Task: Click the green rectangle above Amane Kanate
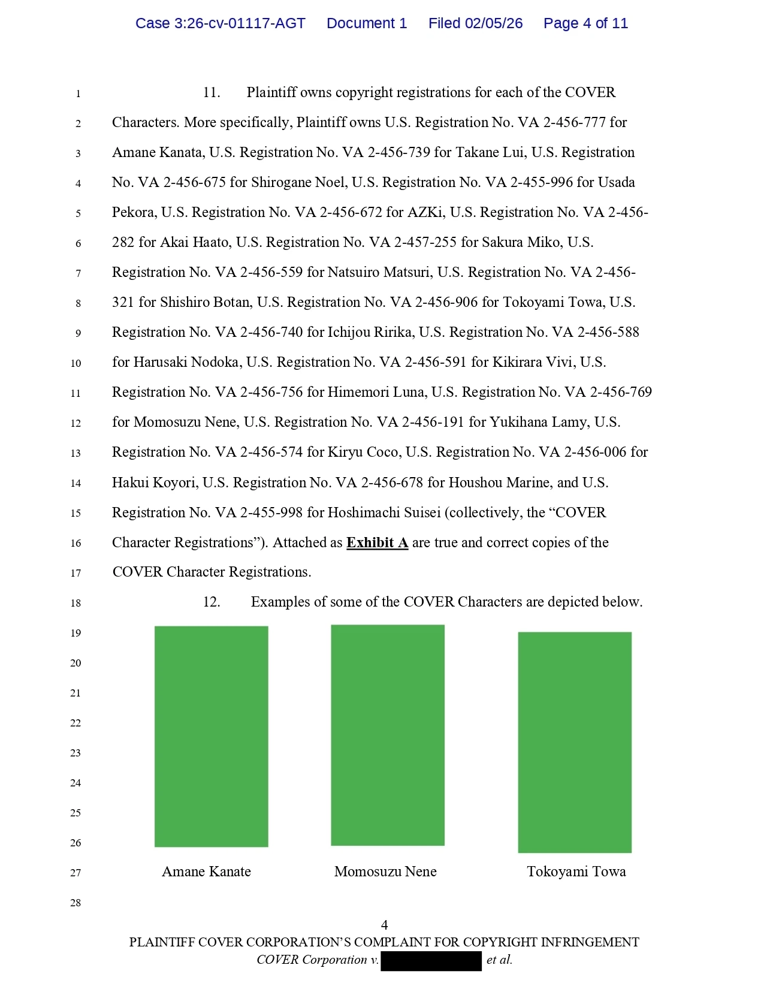point(211,736)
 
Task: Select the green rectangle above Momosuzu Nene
point(388,735)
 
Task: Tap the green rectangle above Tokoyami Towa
point(575,742)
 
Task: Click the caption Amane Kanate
point(206,872)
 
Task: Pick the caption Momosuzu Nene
point(385,872)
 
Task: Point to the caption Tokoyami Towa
point(576,872)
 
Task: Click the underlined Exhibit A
point(377,542)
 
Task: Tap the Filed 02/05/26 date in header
point(475,23)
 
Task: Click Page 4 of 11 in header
point(585,23)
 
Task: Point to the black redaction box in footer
point(431,960)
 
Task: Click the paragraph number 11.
point(211,92)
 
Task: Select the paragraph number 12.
point(211,602)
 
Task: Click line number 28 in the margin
point(76,903)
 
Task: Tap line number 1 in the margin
point(78,94)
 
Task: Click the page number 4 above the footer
point(384,925)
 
